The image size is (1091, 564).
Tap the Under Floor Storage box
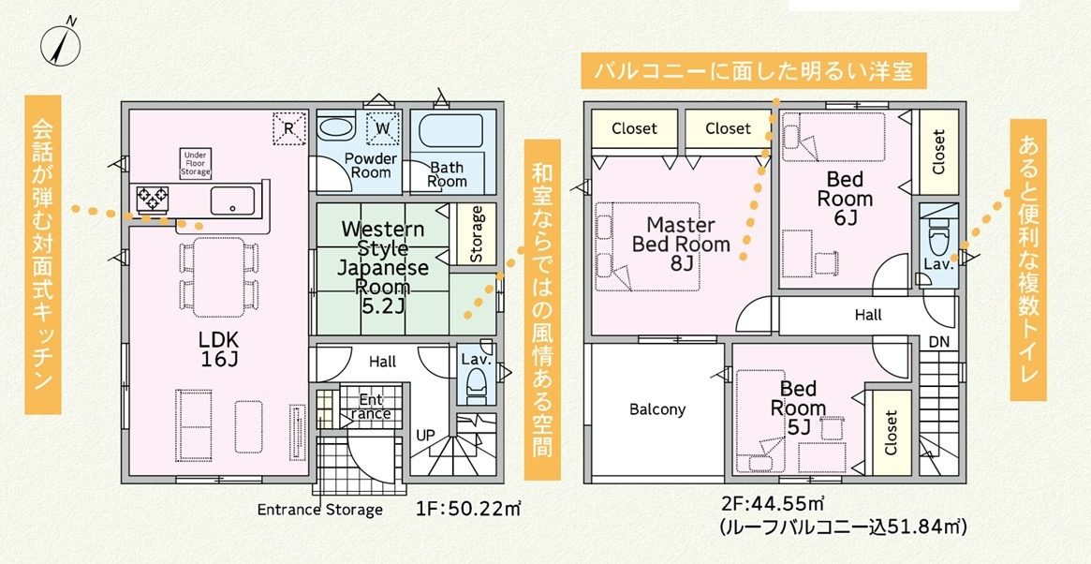point(196,163)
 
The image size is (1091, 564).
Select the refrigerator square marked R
point(288,127)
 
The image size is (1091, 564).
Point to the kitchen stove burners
point(152,198)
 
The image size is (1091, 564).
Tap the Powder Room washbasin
point(337,128)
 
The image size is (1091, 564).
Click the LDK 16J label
point(218,349)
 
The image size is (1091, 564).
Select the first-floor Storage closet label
point(476,234)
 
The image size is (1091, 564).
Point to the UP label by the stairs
point(425,436)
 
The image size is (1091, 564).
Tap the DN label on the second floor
point(938,342)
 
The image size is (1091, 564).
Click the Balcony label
point(657,409)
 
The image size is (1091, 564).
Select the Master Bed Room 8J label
point(681,245)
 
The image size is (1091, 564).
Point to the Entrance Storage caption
point(320,510)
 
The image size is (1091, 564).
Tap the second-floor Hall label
point(868,315)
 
